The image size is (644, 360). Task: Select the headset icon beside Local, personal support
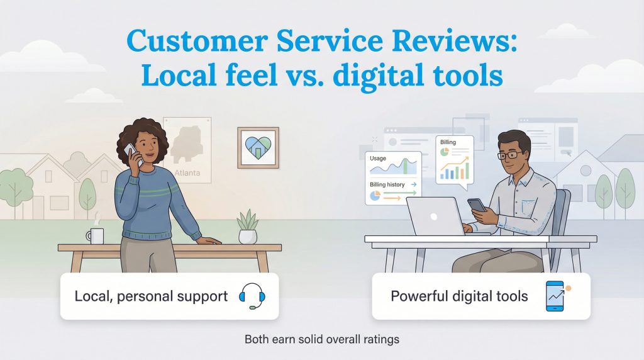(x=252, y=296)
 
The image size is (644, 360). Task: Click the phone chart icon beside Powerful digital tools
(x=554, y=296)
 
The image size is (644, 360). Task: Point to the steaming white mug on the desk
(x=95, y=235)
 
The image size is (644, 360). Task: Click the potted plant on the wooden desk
(x=247, y=228)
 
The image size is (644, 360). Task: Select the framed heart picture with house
(x=258, y=147)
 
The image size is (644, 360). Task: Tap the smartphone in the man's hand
(x=476, y=206)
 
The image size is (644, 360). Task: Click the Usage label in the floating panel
(x=378, y=159)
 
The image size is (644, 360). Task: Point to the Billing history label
(x=387, y=184)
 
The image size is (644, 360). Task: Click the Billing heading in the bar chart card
(x=448, y=143)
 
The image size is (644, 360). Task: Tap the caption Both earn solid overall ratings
(x=321, y=340)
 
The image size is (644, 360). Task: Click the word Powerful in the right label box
(x=418, y=296)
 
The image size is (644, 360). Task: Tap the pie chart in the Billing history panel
(x=375, y=196)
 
